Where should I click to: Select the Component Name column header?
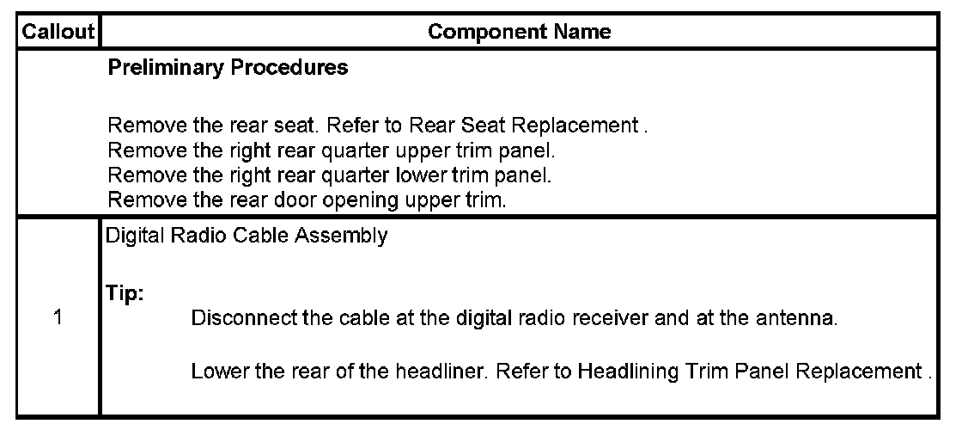519,33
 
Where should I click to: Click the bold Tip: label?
125,293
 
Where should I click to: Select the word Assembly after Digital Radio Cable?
349,237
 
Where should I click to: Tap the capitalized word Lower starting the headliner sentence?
215,372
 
